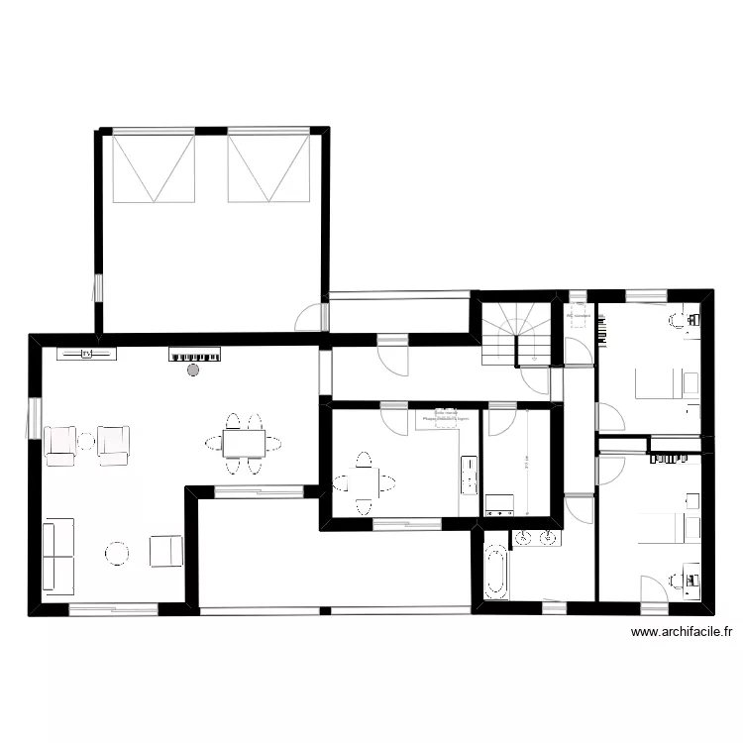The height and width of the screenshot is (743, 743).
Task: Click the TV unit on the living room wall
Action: (x=86, y=353)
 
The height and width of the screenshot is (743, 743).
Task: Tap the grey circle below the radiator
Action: (x=194, y=370)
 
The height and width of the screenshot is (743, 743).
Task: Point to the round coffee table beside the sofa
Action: (x=119, y=553)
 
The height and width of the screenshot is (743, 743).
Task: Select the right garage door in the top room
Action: (x=269, y=169)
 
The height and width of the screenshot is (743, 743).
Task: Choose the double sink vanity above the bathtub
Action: (x=535, y=538)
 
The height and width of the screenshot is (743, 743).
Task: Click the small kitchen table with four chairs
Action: (x=364, y=483)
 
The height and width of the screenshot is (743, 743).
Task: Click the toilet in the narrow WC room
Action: (x=577, y=318)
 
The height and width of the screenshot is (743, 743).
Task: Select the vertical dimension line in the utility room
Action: (x=528, y=462)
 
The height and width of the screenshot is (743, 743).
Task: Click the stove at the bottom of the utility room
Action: (x=499, y=504)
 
